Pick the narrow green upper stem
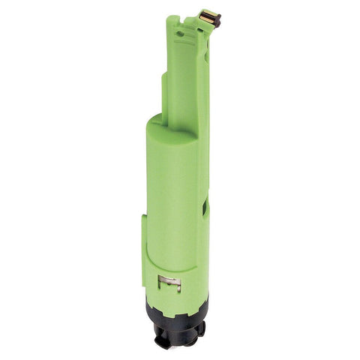[x=184, y=82]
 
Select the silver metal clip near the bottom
[x=170, y=283]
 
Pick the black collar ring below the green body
[x=177, y=316]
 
